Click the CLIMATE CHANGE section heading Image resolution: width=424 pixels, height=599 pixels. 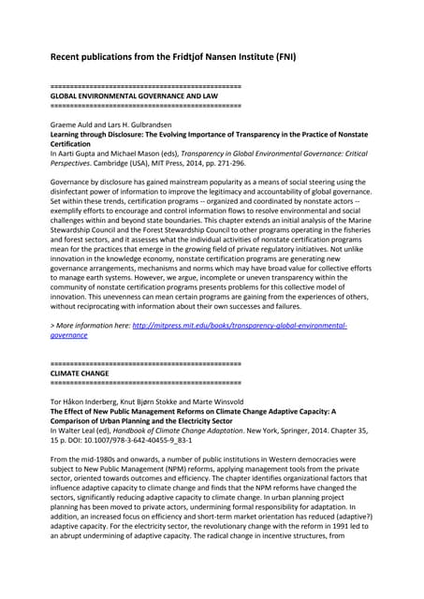pos(79,373)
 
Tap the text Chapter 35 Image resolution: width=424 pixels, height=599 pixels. pos(359,430)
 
